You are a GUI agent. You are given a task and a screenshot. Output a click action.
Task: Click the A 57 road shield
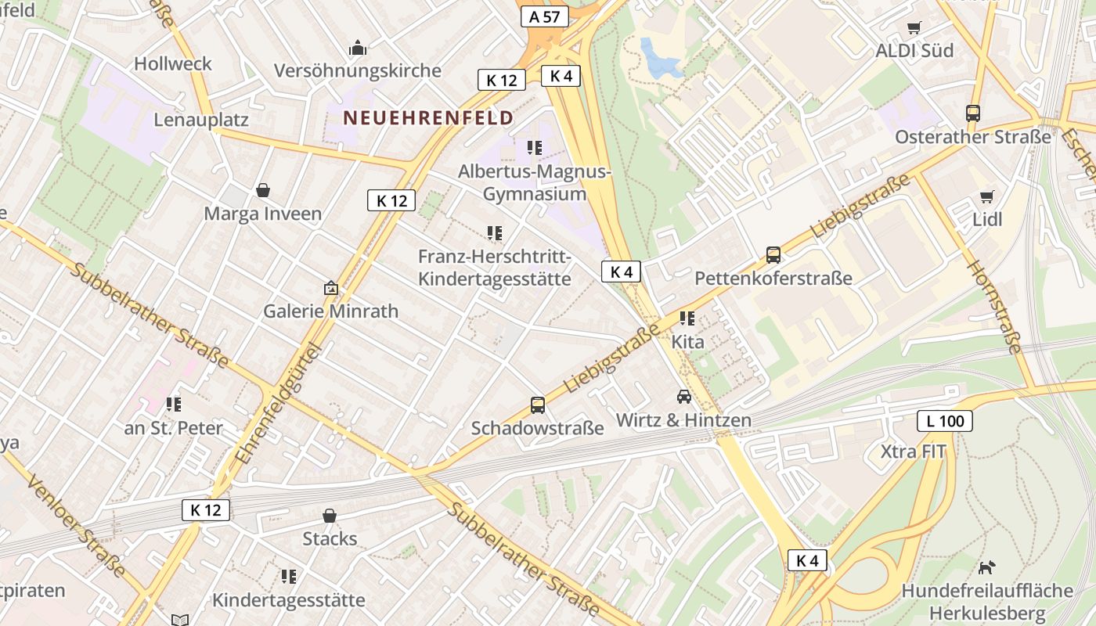(x=544, y=16)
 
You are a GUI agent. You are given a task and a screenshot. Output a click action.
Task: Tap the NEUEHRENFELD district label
(x=428, y=118)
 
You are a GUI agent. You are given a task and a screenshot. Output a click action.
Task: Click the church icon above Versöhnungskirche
(x=358, y=49)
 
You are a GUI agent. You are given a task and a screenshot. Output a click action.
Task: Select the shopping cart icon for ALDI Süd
(x=914, y=28)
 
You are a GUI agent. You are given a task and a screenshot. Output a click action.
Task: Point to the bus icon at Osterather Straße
(x=973, y=113)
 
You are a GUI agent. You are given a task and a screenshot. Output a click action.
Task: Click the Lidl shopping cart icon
(x=986, y=196)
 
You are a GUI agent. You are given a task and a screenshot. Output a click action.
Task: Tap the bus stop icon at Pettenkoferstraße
(x=773, y=255)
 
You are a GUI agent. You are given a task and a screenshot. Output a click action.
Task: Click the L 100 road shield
(x=945, y=421)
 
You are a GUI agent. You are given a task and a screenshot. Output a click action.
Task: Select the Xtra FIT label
(x=913, y=452)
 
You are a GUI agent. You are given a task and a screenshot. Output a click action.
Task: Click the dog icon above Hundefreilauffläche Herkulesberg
(x=987, y=567)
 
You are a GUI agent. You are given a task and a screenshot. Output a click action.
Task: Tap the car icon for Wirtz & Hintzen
(x=684, y=397)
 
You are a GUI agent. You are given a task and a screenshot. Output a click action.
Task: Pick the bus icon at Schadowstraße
(x=538, y=405)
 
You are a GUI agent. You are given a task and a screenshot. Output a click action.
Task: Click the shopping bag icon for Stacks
(x=330, y=516)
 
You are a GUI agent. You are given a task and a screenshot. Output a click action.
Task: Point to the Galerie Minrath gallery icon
(x=330, y=288)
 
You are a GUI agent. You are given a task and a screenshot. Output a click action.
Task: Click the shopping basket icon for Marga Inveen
(x=263, y=190)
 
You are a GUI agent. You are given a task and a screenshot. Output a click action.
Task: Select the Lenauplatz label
(x=201, y=120)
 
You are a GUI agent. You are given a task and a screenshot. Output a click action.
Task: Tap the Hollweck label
(x=173, y=63)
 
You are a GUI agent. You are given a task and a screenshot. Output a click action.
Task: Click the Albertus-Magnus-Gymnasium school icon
(x=535, y=148)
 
